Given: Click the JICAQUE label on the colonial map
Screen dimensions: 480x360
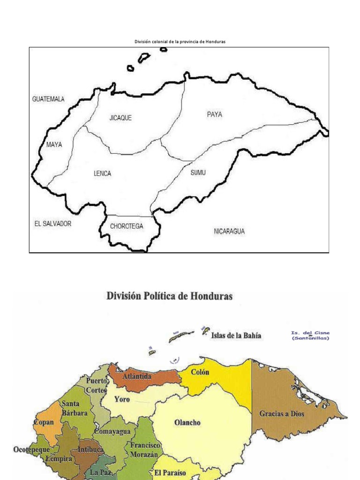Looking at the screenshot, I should [120, 118].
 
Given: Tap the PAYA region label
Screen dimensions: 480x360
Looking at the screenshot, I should [214, 114].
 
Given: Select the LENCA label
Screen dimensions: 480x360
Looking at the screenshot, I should [102, 173].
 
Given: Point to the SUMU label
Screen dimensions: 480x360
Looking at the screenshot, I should [198, 172].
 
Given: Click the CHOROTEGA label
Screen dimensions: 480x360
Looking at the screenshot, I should [127, 226].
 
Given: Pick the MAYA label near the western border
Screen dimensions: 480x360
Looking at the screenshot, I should [54, 144].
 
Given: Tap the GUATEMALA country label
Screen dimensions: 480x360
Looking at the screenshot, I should [48, 99].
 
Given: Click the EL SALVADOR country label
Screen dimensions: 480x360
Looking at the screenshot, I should [53, 224].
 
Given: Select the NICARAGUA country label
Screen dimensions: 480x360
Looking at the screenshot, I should [229, 231].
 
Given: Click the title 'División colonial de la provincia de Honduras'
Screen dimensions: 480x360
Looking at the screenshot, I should [180, 42].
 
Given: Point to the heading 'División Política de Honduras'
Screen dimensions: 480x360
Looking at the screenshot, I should [170, 297].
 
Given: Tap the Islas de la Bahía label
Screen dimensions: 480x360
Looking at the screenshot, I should [236, 336].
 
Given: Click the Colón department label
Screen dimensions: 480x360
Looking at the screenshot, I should [200, 372].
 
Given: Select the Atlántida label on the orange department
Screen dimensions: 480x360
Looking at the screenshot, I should [136, 376].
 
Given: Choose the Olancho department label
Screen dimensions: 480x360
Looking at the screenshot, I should [187, 422].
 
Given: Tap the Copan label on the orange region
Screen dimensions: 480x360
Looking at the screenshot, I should [44, 422].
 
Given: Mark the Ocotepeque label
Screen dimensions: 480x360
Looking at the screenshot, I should [31, 450].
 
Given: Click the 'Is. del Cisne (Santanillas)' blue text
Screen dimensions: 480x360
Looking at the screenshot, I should [310, 336].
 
